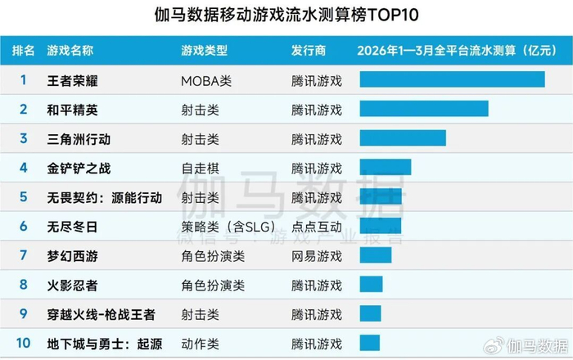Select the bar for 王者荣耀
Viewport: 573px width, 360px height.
pyautogui.click(x=452, y=79)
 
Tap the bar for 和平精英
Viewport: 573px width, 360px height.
pyautogui.click(x=423, y=109)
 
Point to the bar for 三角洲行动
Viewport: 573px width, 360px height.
pyautogui.click(x=402, y=138)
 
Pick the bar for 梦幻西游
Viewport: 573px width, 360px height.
pyautogui.click(x=375, y=256)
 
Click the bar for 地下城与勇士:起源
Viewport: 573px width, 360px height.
pyautogui.click(x=369, y=344)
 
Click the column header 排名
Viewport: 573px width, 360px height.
pyautogui.click(x=24, y=51)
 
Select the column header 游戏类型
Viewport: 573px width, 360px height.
pyautogui.click(x=204, y=51)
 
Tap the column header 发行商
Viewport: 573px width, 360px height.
pyautogui.click(x=309, y=51)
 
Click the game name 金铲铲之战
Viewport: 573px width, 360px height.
pyautogui.click(x=79, y=169)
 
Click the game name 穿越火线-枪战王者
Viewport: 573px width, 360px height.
pyautogui.click(x=102, y=315)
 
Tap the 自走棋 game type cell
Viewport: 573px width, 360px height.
pyautogui.click(x=200, y=169)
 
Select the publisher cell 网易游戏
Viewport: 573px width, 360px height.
pyautogui.click(x=316, y=256)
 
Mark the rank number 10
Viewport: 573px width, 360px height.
pyautogui.click(x=24, y=344)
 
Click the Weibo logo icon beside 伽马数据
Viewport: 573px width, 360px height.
pyautogui.click(x=494, y=344)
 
